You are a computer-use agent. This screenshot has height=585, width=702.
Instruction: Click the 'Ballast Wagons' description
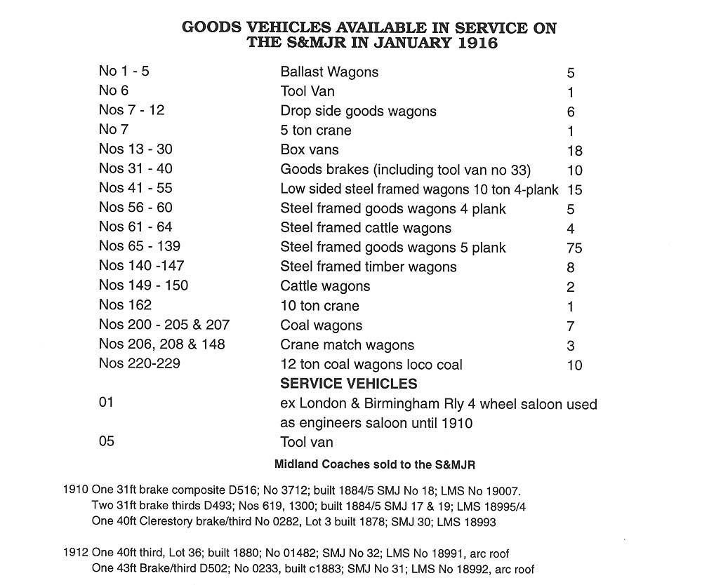coord(329,72)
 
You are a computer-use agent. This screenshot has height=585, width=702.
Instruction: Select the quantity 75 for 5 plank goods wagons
coord(574,248)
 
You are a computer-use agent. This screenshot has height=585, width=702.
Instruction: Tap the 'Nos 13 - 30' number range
coord(135,149)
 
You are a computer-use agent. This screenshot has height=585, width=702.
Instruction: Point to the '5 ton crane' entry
coord(316,130)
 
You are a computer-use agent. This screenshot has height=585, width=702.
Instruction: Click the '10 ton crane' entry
coord(319,306)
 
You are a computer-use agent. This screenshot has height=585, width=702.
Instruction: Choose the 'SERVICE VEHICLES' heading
coord(349,384)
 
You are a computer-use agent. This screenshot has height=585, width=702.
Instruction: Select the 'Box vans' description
coord(310,149)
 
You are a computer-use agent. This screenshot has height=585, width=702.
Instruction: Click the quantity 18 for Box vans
coord(574,151)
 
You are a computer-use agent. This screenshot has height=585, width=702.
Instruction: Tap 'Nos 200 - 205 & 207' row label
coord(164,325)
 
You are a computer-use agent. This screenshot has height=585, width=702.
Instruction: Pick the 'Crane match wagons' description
coord(347,345)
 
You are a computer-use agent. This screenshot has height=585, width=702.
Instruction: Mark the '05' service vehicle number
coord(107,441)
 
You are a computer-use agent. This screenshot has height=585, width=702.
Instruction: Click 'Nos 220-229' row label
coord(139,364)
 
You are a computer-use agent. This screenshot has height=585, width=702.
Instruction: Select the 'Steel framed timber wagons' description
coord(369,267)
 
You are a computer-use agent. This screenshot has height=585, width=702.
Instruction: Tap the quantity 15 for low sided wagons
coord(574,189)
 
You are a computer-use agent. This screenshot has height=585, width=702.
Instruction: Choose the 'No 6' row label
coord(114,90)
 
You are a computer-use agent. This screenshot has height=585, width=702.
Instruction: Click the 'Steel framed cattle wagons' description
coord(366,228)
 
